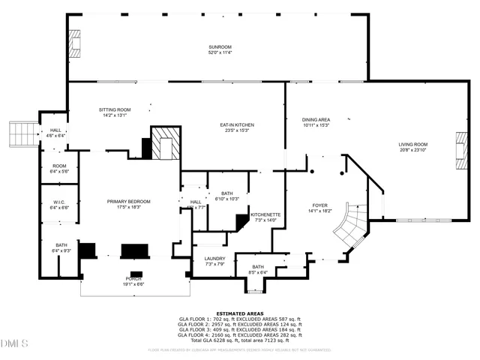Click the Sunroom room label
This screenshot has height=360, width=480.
click(x=220, y=47)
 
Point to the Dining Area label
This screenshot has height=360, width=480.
click(x=316, y=119)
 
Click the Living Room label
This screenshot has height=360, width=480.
click(x=412, y=144)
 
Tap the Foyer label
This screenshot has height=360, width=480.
click(x=321, y=205)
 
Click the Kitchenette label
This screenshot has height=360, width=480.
click(x=265, y=214)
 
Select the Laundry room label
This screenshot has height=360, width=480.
click(x=215, y=259)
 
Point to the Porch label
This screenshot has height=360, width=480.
click(x=133, y=280)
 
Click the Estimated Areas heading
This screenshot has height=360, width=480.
click(x=239, y=313)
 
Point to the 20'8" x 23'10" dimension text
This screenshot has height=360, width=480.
click(x=412, y=149)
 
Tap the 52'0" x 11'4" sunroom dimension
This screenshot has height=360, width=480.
click(x=220, y=52)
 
